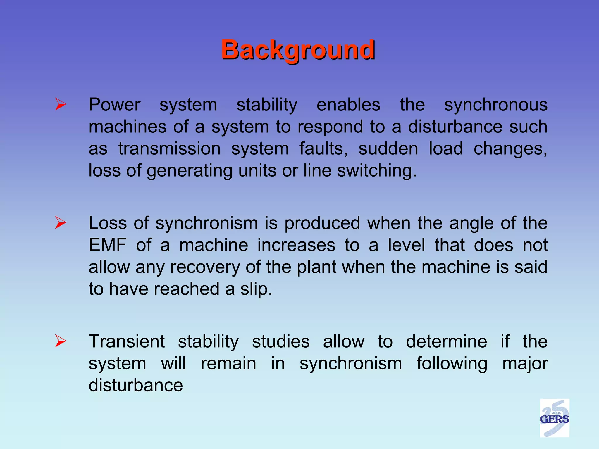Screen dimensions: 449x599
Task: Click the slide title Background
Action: pos(298,50)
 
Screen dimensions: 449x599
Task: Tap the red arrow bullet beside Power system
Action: pos(61,104)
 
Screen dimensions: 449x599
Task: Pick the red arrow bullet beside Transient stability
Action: pos(61,341)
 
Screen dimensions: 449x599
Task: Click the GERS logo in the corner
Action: pos(554,418)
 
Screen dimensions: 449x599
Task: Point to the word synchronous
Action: pos(496,105)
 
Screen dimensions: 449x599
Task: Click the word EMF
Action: pos(108,245)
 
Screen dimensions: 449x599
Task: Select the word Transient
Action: pos(127,341)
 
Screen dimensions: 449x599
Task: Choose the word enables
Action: pos(348,105)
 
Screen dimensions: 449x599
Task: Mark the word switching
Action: pos(376,171)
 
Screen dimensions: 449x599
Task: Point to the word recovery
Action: pos(205,267)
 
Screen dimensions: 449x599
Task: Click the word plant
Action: pos(316,267)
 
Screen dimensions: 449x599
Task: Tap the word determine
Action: pos(446,341)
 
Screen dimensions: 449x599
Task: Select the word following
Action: pos(452,364)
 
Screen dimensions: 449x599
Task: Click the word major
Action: pos(525,364)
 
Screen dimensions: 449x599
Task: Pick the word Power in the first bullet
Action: pos(114,105)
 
